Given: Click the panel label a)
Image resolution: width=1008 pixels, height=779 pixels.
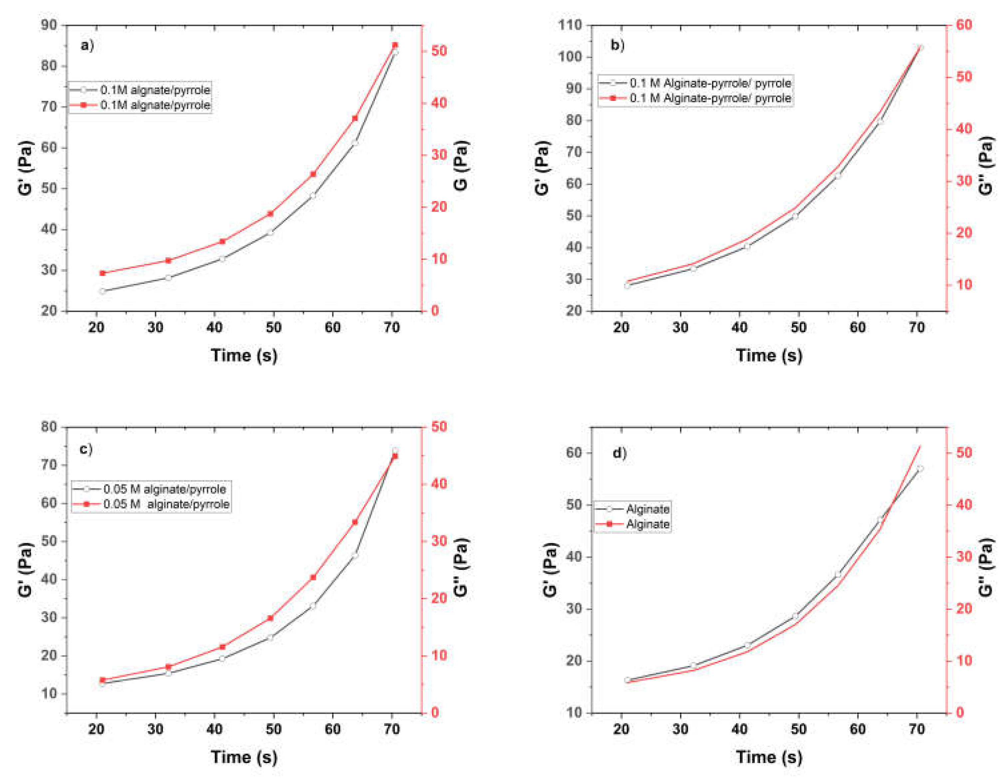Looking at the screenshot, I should [x=87, y=45].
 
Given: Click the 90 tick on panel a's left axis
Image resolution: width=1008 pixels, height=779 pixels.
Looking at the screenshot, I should [x=49, y=25].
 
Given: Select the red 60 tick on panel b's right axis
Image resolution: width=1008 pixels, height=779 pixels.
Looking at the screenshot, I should [x=964, y=25].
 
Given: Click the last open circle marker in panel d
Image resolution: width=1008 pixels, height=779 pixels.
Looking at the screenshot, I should [x=920, y=469].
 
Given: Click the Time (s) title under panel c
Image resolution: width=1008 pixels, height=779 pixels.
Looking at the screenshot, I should [x=244, y=757].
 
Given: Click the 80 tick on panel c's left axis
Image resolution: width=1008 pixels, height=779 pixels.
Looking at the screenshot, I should [x=49, y=427].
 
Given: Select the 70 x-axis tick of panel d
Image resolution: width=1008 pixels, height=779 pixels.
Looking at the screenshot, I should [x=916, y=729].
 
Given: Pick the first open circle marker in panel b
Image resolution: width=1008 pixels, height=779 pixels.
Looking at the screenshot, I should [x=627, y=286].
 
